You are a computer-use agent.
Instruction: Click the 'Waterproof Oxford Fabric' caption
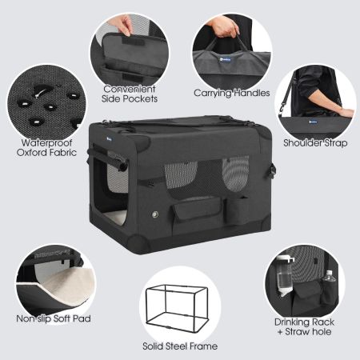[46, 147]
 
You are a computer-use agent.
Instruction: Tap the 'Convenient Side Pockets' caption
[130, 94]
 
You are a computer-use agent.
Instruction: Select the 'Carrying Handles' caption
[232, 93]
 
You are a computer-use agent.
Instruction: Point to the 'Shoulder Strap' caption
[315, 143]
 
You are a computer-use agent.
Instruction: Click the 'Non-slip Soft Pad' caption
[54, 318]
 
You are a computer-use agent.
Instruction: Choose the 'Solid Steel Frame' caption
[180, 346]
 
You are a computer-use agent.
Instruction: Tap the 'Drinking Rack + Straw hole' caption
[304, 326]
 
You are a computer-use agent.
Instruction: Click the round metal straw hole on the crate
[155, 214]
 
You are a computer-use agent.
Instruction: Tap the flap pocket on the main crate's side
[198, 210]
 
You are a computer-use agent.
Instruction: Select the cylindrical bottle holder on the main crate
[238, 211]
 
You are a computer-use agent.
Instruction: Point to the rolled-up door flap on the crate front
[108, 159]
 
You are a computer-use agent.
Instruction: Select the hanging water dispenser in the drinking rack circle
[284, 276]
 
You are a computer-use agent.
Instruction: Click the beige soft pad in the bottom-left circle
[67, 285]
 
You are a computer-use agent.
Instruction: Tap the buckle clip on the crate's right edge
[272, 170]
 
